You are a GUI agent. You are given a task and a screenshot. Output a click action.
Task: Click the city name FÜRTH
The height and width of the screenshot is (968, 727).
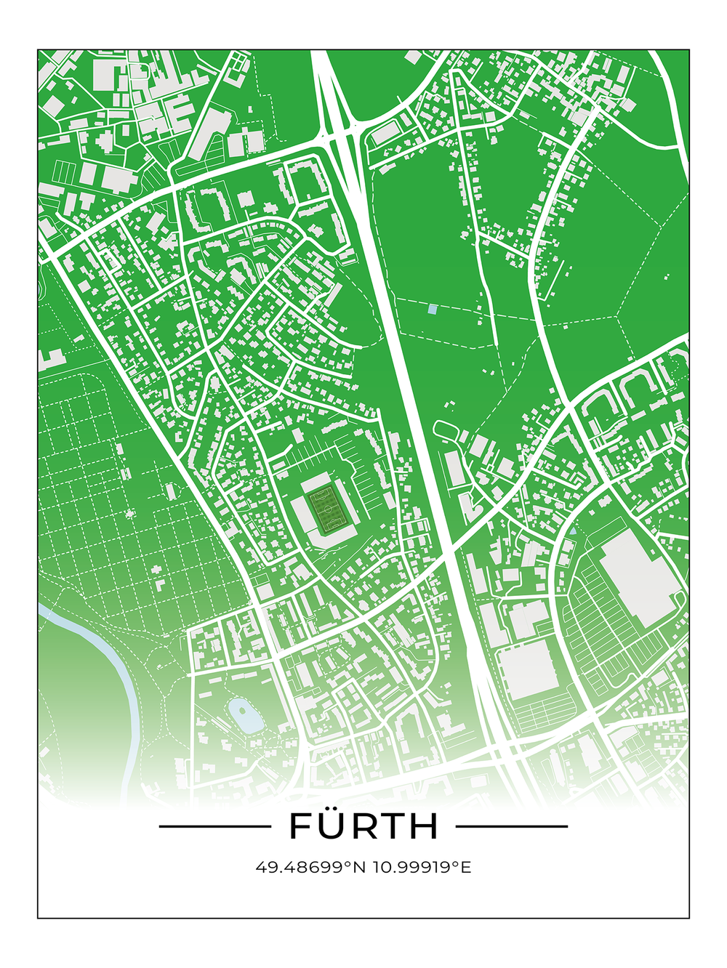click(363, 826)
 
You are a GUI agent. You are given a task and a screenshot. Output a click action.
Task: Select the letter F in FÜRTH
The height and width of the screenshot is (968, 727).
click(300, 827)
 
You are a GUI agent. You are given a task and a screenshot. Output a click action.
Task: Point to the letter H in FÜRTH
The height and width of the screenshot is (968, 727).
click(425, 827)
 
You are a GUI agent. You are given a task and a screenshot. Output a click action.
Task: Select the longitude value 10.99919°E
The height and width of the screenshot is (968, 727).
click(422, 867)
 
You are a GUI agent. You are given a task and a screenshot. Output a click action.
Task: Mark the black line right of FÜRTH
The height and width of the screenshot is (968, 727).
click(512, 826)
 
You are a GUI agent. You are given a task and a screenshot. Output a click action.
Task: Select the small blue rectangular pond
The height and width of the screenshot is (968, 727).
click(433, 310)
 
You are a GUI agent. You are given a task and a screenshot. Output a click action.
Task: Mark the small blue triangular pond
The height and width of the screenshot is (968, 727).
click(574, 531)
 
